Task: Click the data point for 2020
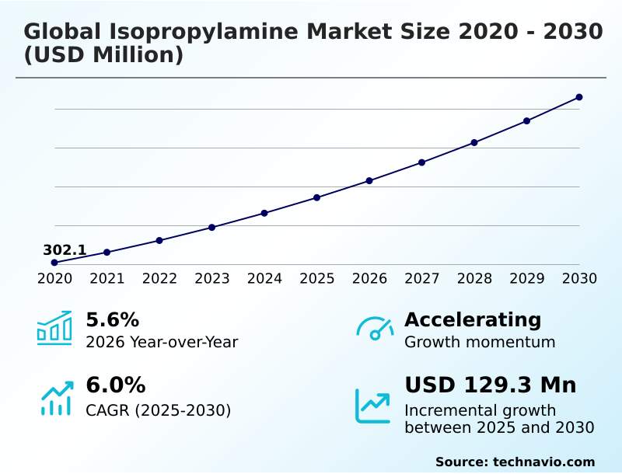(x=54, y=263)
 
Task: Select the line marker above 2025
(x=316, y=197)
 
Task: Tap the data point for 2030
(x=579, y=97)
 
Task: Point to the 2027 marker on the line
(x=421, y=162)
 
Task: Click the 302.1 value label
(x=65, y=250)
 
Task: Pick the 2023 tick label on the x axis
(x=211, y=278)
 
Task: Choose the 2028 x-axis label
(x=474, y=278)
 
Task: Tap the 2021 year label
(x=107, y=278)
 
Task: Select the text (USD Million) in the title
(x=103, y=56)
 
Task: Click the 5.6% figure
(x=112, y=320)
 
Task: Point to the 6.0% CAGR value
(x=115, y=385)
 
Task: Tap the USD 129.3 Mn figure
(x=491, y=385)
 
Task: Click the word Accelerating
(x=473, y=320)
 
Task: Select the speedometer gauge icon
(x=375, y=328)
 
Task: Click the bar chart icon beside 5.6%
(x=54, y=328)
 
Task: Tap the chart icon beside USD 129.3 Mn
(x=373, y=406)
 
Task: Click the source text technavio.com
(x=543, y=462)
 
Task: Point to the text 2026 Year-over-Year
(x=162, y=342)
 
